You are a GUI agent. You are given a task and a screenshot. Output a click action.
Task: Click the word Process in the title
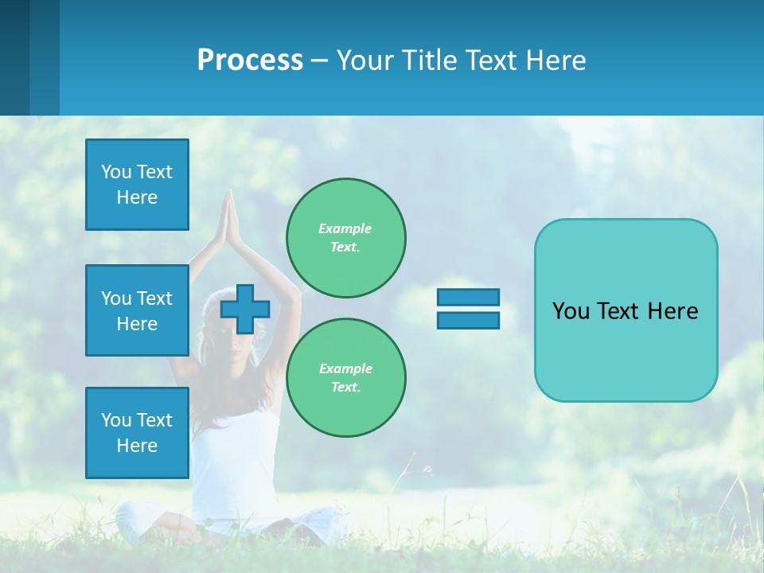click(250, 60)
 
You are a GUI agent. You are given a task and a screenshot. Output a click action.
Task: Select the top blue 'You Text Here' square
click(137, 185)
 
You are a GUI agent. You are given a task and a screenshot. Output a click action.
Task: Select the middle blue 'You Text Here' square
click(137, 310)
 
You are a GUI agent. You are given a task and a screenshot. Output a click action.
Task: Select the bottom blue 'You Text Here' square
click(137, 432)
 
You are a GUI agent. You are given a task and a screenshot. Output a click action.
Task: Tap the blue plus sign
click(244, 309)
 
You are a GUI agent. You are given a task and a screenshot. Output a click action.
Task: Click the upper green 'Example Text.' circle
click(345, 237)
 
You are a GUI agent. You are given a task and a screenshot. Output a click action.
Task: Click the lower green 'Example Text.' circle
click(345, 377)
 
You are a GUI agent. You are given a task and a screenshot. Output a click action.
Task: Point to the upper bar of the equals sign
click(468, 298)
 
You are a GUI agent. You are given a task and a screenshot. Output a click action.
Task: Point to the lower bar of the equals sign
click(468, 320)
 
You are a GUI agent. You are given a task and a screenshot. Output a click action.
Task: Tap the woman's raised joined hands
click(229, 213)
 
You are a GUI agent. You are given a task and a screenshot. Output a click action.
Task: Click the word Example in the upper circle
click(345, 228)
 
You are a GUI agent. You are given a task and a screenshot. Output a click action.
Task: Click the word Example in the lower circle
click(345, 368)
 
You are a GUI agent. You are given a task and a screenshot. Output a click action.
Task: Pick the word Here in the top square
click(137, 197)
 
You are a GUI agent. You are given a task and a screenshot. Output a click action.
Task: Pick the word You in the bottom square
click(115, 419)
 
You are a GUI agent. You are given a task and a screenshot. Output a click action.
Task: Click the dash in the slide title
click(320, 60)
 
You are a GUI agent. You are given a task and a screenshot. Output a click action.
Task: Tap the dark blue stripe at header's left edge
click(14, 57)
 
